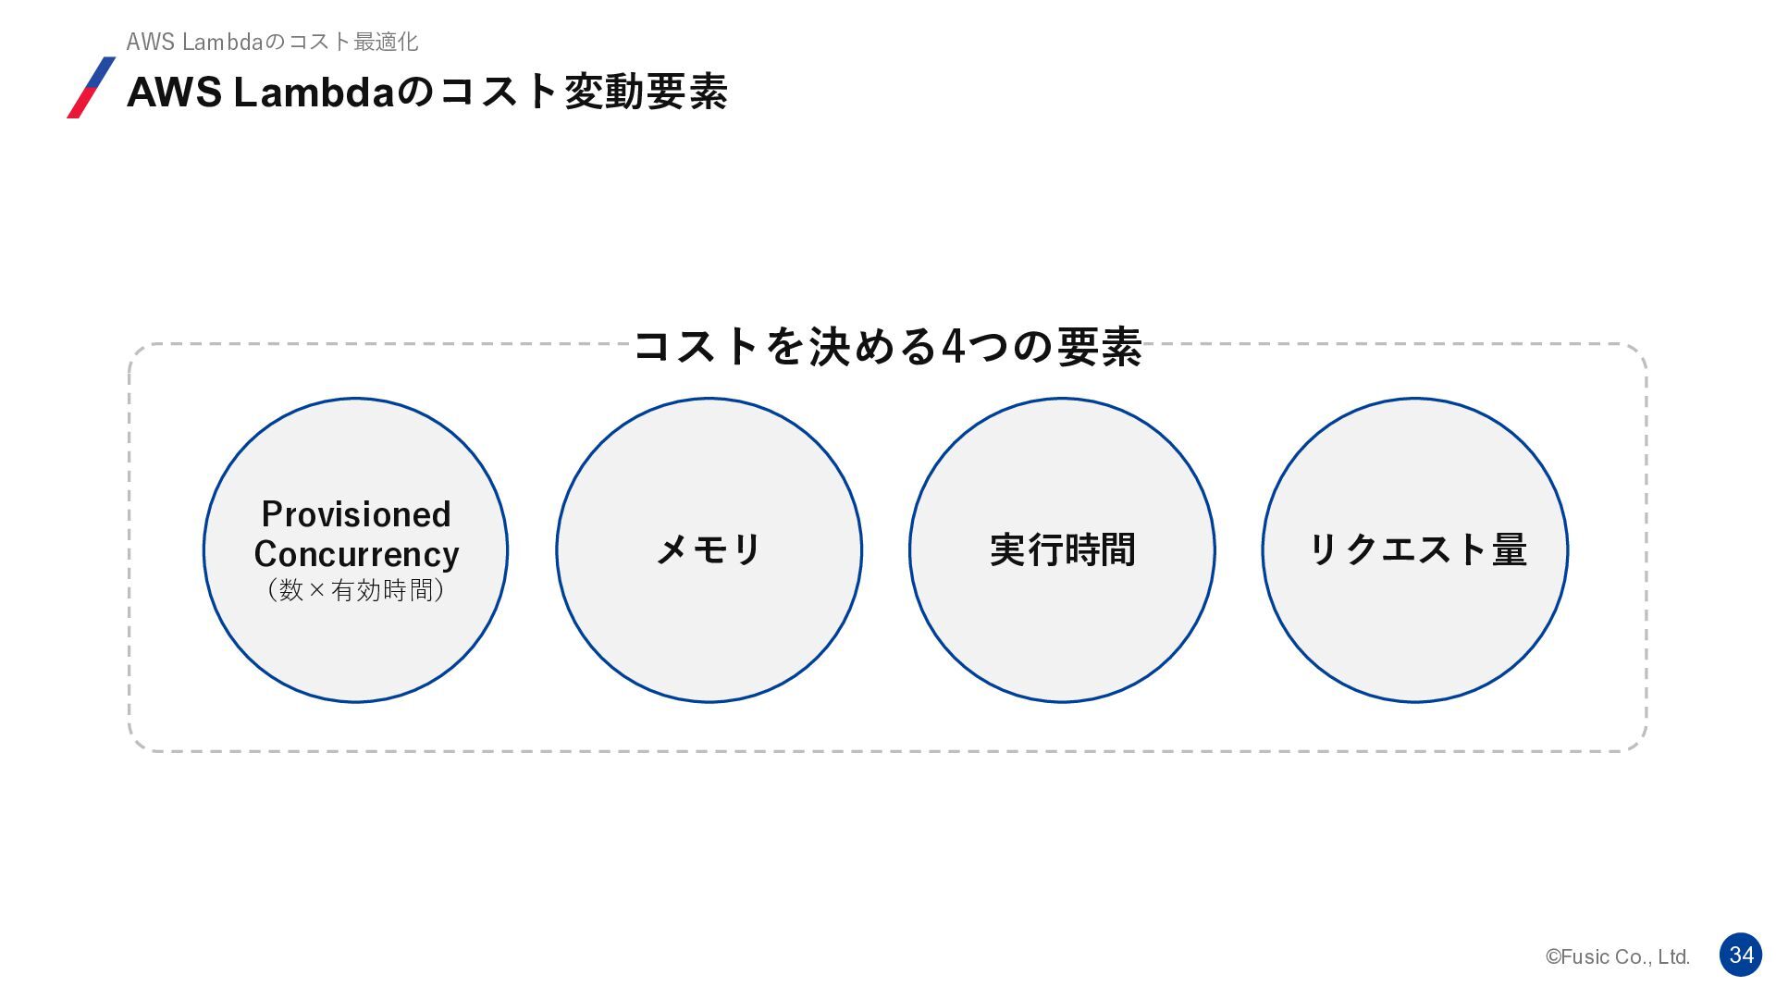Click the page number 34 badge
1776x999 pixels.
[1741, 955]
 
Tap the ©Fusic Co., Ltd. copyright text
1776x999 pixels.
[1618, 957]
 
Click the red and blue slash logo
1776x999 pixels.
[92, 88]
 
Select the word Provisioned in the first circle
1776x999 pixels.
[356, 514]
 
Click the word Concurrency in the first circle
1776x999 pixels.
[356, 554]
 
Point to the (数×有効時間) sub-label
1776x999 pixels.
[356, 590]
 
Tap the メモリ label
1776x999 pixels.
[709, 549]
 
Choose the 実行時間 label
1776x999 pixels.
[1062, 549]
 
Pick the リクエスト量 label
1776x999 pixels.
[1416, 549]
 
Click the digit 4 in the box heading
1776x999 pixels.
[953, 347]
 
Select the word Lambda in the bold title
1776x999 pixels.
[314, 92]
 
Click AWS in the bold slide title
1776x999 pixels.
[174, 92]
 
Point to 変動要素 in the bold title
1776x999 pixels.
[646, 92]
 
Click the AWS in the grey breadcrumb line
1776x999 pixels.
[150, 42]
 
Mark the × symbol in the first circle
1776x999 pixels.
[317, 590]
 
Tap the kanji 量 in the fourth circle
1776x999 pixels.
[1509, 549]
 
